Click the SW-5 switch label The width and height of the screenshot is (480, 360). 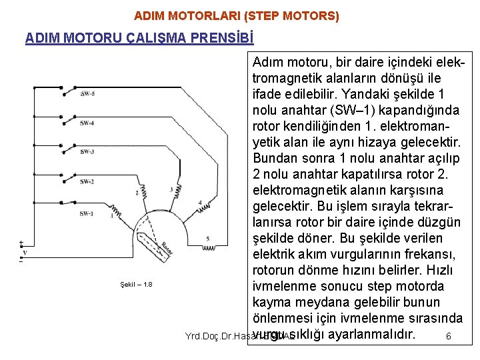coord(87,94)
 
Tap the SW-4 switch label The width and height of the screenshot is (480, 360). coord(87,123)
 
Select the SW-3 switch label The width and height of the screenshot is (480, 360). coord(87,152)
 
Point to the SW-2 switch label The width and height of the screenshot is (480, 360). coord(87,181)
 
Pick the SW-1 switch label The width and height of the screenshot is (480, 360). coord(87,213)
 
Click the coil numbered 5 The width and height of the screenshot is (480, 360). coord(225,247)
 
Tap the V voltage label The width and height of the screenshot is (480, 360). coord(25,253)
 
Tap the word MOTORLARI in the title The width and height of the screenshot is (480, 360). coord(193,15)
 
